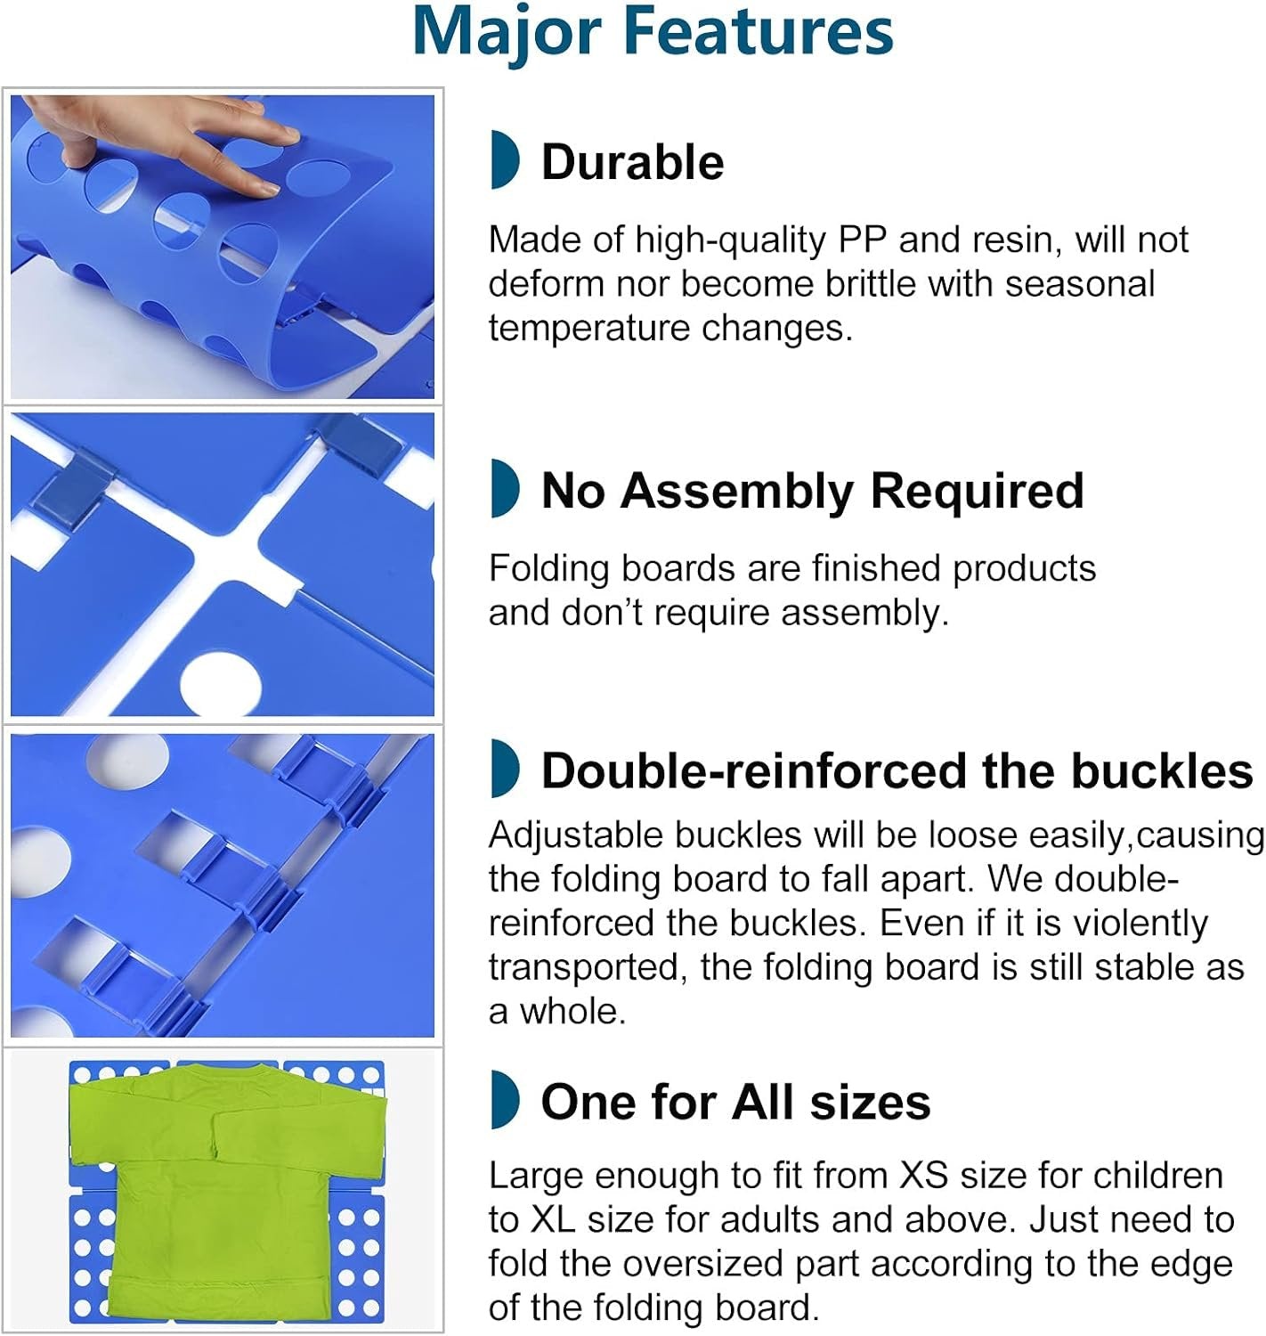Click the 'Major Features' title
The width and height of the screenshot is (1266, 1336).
click(x=653, y=33)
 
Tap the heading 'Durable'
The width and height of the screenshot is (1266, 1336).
click(x=632, y=163)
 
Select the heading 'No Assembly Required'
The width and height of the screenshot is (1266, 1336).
click(x=812, y=491)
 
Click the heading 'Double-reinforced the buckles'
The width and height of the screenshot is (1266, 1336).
click(x=897, y=771)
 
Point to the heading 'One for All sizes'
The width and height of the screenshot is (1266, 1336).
click(x=735, y=1102)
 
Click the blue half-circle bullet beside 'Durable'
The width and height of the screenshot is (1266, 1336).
click(x=505, y=159)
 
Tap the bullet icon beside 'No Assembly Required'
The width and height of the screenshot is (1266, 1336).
click(x=505, y=488)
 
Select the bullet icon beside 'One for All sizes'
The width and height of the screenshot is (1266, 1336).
click(x=505, y=1099)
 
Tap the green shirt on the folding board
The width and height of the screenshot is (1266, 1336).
click(x=228, y=1192)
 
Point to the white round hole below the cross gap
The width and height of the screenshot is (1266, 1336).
click(x=220, y=684)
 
